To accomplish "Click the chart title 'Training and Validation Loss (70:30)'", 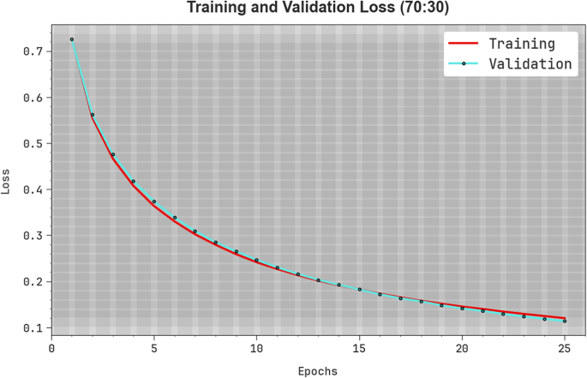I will click(x=317, y=9).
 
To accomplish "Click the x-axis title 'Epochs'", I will click(x=317, y=371).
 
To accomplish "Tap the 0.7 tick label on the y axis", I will click(x=33, y=51).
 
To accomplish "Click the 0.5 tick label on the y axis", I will click(x=33, y=143).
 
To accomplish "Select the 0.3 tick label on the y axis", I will click(x=33, y=236).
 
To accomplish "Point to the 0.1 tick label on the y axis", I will click(x=33, y=328).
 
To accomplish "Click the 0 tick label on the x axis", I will click(x=51, y=349).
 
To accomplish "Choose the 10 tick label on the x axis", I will click(x=256, y=349).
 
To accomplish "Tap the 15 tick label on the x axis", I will click(x=359, y=349).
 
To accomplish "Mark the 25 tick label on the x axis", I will click(x=565, y=349).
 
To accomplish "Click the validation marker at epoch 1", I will click(x=72, y=39).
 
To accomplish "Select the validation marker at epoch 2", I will click(x=93, y=115).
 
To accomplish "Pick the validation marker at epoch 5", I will click(x=154, y=201).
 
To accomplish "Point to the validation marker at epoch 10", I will click(x=256, y=260).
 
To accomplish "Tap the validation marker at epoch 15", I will click(x=359, y=290).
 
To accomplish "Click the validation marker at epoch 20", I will click(x=462, y=308).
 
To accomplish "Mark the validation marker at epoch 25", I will click(x=565, y=321).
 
